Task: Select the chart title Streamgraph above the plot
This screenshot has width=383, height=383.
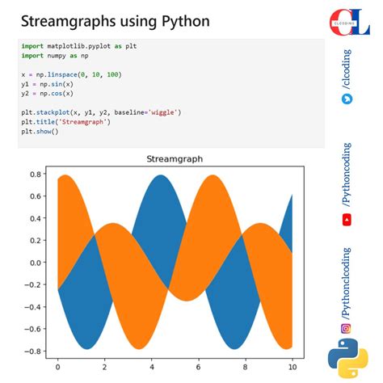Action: click(x=175, y=159)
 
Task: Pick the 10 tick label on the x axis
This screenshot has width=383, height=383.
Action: click(x=292, y=368)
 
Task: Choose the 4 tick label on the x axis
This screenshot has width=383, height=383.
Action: click(x=151, y=368)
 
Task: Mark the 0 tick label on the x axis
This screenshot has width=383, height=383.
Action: click(x=57, y=368)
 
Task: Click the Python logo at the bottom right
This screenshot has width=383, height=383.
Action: click(x=347, y=360)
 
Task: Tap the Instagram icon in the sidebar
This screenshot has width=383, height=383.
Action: click(x=347, y=328)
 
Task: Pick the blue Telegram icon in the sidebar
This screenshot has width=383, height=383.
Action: click(x=347, y=99)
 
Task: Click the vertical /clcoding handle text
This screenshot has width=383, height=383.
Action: click(x=347, y=69)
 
